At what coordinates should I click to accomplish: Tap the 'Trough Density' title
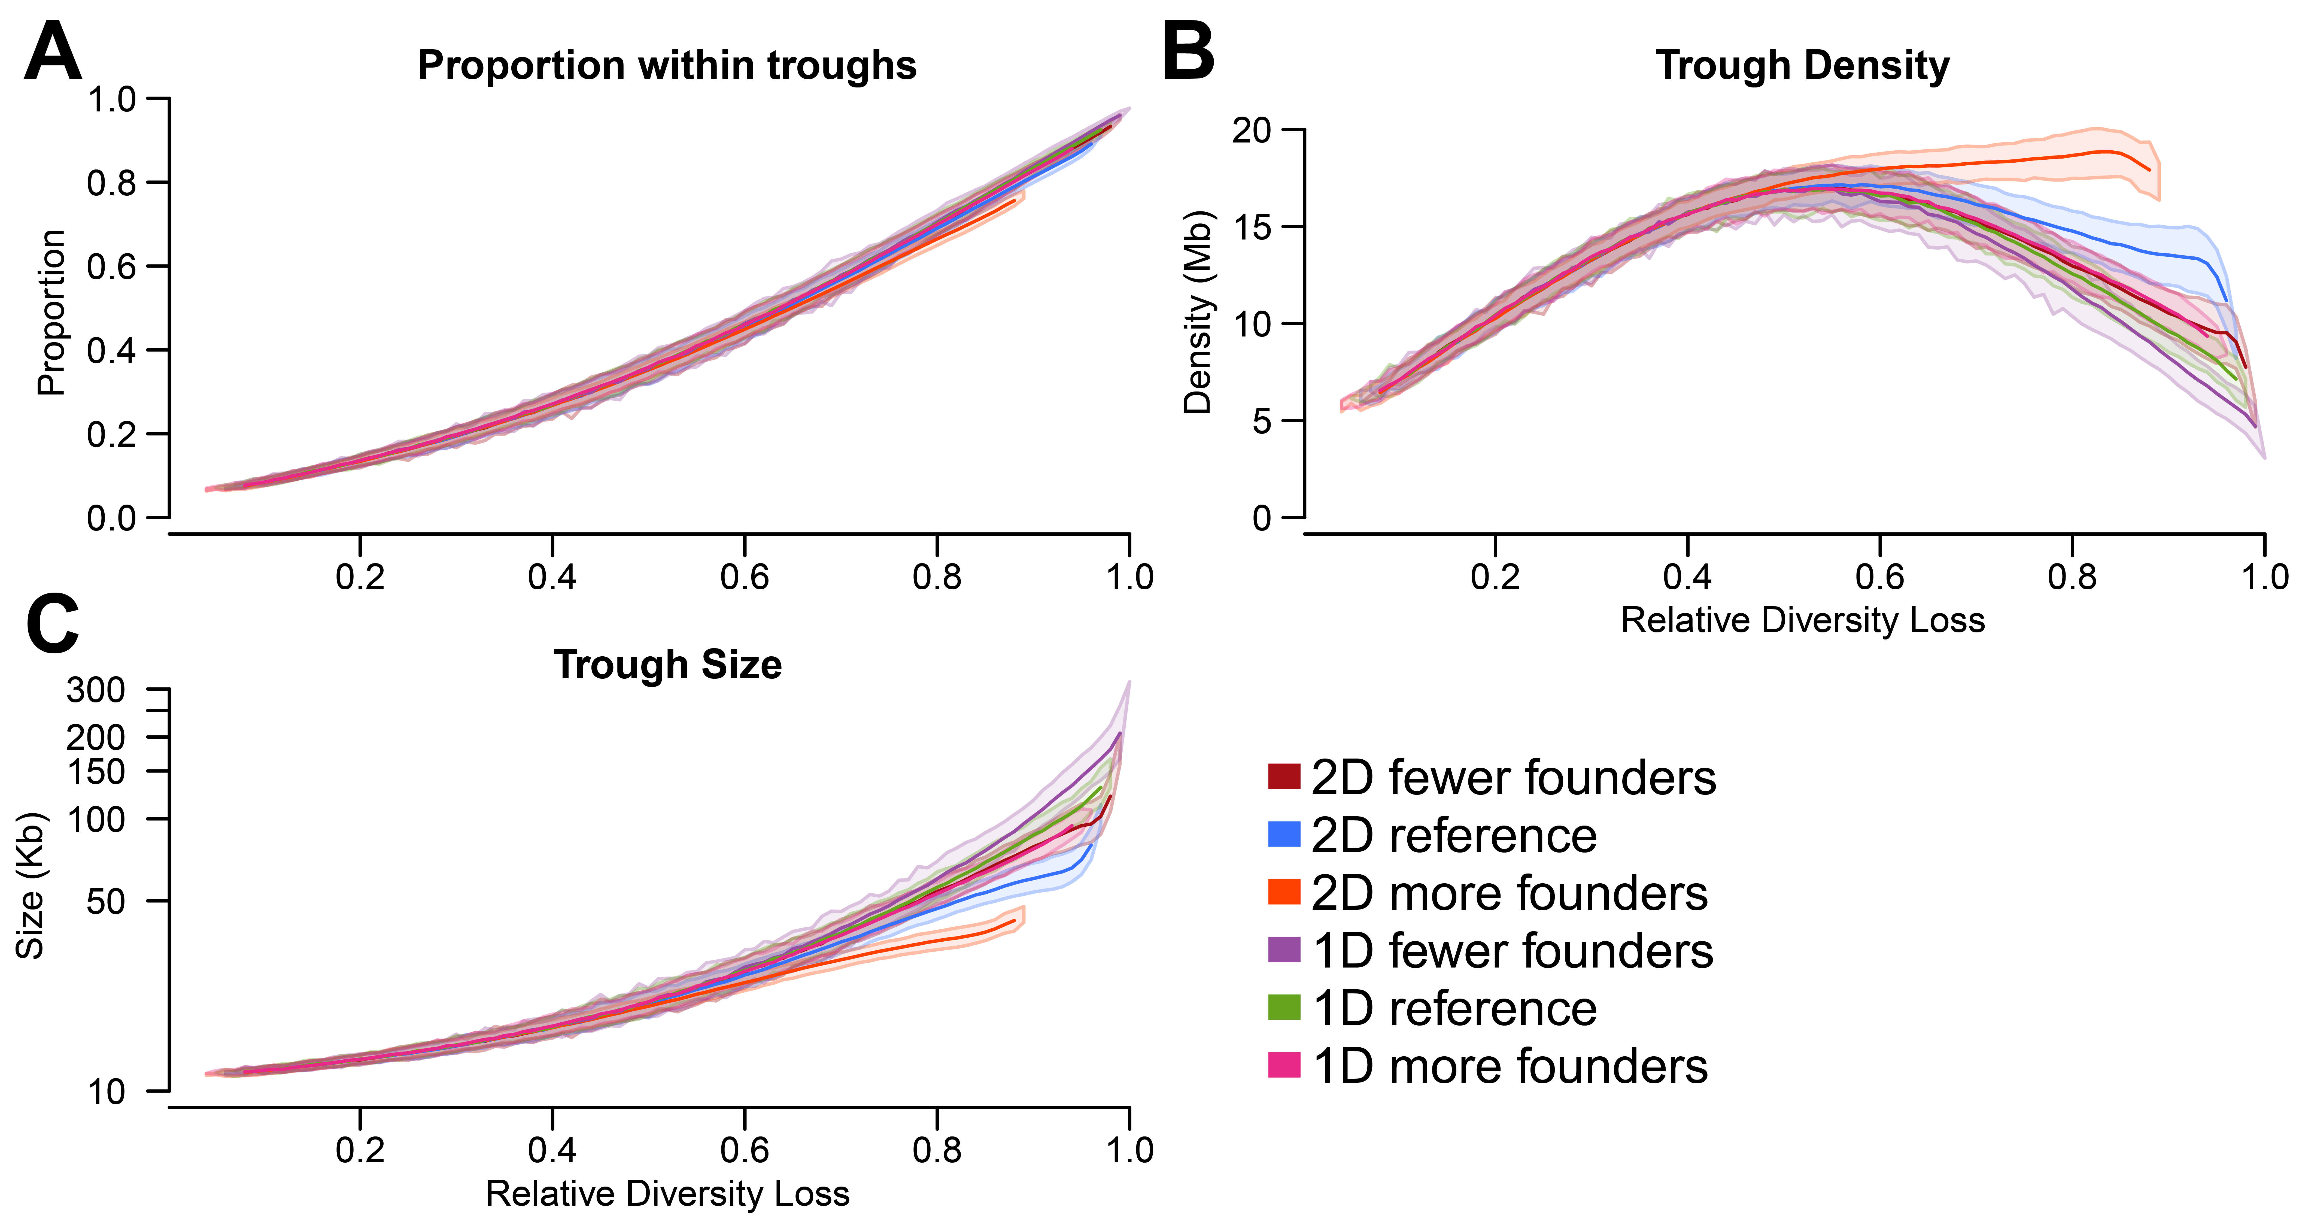(1802, 65)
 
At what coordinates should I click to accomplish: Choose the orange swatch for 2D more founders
(1283, 892)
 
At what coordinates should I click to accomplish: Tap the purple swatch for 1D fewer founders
(1283, 950)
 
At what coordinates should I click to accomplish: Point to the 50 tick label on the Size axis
(105, 901)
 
